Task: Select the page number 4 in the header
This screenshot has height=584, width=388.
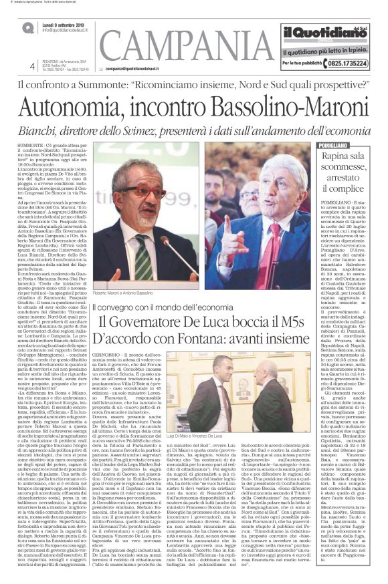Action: coord(33,65)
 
